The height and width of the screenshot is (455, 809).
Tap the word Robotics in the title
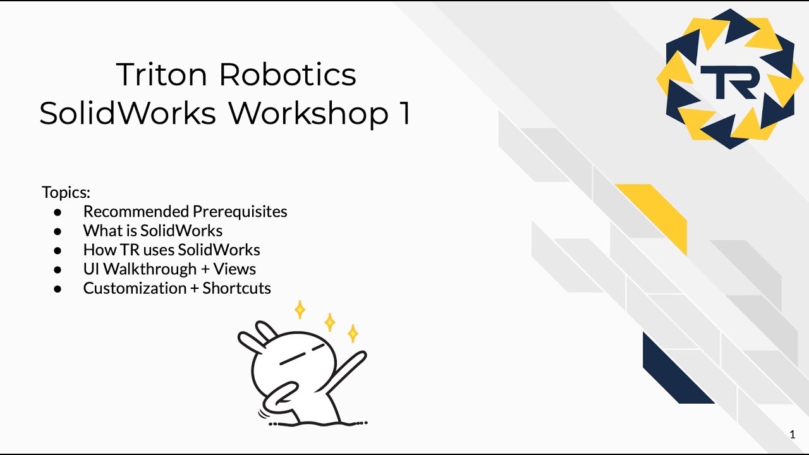pyautogui.click(x=288, y=75)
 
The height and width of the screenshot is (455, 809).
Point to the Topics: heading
pyautogui.click(x=66, y=192)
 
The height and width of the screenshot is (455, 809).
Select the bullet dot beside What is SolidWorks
pyautogui.click(x=58, y=231)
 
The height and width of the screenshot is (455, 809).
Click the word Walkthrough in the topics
pyautogui.click(x=150, y=269)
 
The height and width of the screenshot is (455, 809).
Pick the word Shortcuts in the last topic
pyautogui.click(x=236, y=288)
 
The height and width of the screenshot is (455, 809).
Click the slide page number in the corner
pyautogui.click(x=793, y=434)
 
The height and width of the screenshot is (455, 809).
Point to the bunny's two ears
pyautogui.click(x=257, y=335)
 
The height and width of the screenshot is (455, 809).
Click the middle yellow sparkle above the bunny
pyautogui.click(x=329, y=322)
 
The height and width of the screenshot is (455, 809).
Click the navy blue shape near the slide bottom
pyautogui.click(x=674, y=370)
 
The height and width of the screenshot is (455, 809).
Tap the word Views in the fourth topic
pyautogui.click(x=234, y=269)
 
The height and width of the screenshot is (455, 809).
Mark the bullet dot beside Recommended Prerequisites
pyautogui.click(x=58, y=212)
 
